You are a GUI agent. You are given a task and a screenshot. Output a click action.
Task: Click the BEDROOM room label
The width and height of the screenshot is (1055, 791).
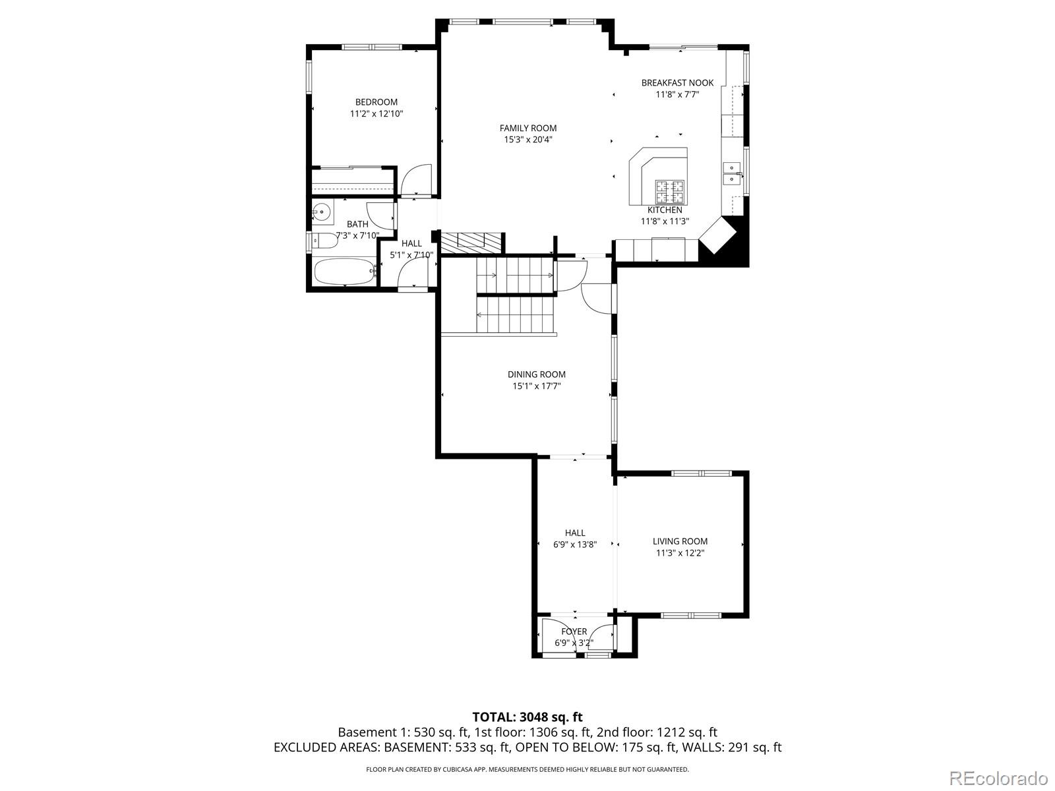377,102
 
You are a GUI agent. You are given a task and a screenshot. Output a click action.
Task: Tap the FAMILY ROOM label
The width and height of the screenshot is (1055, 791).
527,128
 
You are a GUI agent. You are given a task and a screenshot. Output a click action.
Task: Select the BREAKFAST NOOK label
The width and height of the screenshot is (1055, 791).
677,82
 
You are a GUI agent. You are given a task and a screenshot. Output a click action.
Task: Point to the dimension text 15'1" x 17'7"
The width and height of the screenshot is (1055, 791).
536,386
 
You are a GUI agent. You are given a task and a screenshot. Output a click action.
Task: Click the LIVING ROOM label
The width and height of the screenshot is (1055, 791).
680,541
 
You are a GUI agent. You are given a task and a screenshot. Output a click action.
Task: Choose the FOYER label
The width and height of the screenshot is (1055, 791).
574,631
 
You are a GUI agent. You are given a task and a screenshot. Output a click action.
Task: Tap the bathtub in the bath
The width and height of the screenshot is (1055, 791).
345,272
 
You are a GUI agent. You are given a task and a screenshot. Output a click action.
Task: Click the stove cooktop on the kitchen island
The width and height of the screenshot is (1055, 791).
670,191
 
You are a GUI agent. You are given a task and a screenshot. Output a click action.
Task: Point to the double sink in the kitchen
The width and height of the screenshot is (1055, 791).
733,173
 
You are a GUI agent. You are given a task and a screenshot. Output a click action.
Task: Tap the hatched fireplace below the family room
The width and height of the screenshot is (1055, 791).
471,243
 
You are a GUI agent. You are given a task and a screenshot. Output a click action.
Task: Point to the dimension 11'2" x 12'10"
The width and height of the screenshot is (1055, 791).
377,114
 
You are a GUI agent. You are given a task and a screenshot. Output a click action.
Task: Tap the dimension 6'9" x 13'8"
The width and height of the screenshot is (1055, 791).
575,544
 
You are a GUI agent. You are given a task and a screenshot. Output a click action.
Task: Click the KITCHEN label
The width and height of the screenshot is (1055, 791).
665,210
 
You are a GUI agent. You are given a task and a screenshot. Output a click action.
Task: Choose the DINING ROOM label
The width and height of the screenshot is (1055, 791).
536,374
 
